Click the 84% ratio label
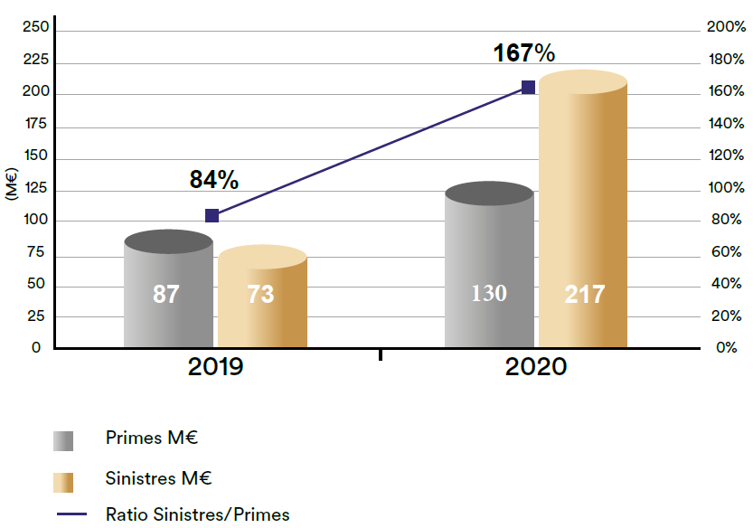(214, 180)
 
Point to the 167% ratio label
(523, 53)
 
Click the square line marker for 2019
(212, 215)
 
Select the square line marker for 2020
(528, 88)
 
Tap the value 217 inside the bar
(584, 294)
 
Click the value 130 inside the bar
(489, 294)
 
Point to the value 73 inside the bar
(260, 294)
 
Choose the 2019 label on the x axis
(216, 367)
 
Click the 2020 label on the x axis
(536, 367)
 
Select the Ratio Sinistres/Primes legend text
(198, 514)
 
